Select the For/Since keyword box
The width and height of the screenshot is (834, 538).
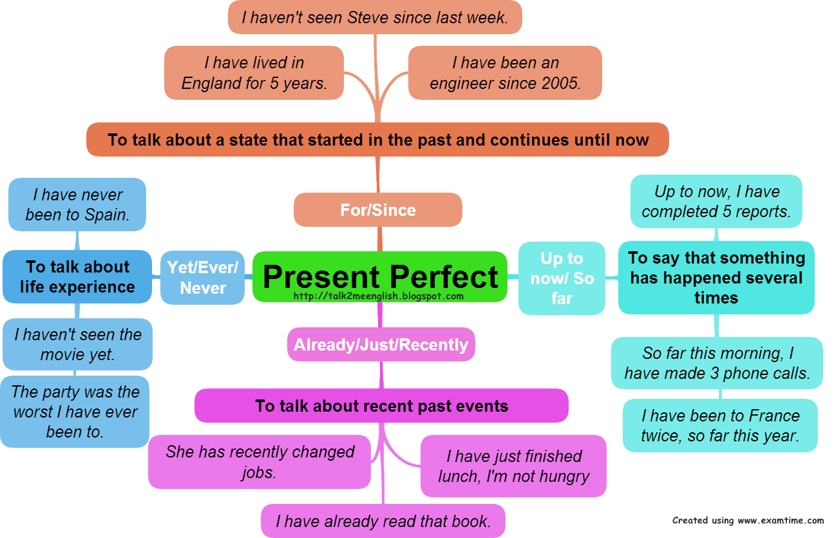[x=378, y=209]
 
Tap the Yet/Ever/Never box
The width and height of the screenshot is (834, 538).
[x=202, y=277]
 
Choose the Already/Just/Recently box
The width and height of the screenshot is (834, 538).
[x=381, y=345]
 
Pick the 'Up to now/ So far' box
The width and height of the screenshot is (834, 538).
[x=562, y=278]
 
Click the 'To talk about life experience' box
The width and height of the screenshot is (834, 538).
[x=77, y=277]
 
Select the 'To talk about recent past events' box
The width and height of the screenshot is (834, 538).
[x=381, y=406]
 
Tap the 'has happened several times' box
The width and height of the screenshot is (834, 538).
[x=716, y=278]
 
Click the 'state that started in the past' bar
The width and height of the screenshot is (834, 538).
[x=377, y=140]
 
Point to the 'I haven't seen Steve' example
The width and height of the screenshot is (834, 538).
[x=375, y=17]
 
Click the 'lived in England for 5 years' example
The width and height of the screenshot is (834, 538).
[x=254, y=73]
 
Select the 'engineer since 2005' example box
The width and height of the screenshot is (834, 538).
[x=505, y=73]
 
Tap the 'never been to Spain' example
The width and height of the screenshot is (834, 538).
[x=77, y=204]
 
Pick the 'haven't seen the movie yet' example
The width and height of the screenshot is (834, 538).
[x=77, y=344]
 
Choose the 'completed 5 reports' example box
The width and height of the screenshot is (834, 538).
[x=716, y=201]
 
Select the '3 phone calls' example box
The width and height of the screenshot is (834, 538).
[x=717, y=363]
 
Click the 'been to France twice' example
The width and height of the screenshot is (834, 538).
[x=720, y=425]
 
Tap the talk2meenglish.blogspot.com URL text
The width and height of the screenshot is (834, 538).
[x=378, y=296]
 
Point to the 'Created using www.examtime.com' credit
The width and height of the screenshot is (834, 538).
[x=748, y=520]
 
